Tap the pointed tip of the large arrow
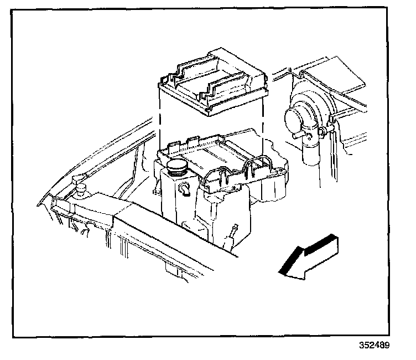(x=280, y=272)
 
